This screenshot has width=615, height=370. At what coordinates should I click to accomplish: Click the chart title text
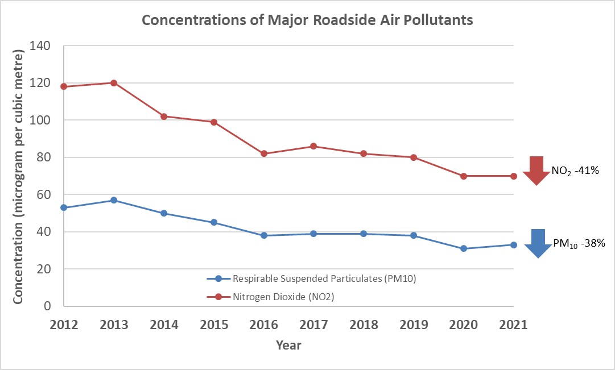(x=307, y=20)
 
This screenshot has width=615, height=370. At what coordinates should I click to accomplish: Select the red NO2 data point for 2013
(x=114, y=83)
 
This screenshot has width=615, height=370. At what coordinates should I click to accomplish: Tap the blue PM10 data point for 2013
(x=114, y=200)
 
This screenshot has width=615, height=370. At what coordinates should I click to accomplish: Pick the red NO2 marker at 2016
(x=264, y=153)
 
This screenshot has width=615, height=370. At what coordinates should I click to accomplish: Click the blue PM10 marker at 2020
(x=464, y=248)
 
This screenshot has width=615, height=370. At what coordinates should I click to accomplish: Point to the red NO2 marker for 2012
(x=64, y=86)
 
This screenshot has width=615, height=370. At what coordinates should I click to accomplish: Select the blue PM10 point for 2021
(x=514, y=245)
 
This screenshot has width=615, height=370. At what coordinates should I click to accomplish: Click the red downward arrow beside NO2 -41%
(x=535, y=170)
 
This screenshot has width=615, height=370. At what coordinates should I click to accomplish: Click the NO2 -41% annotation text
(x=575, y=170)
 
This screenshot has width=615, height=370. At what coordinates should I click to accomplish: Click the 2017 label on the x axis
(x=314, y=325)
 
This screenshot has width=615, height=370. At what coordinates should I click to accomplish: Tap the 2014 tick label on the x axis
(x=164, y=325)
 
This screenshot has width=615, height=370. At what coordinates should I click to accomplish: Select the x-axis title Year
(x=288, y=345)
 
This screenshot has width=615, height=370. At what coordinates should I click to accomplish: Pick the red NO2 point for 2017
(x=314, y=146)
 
